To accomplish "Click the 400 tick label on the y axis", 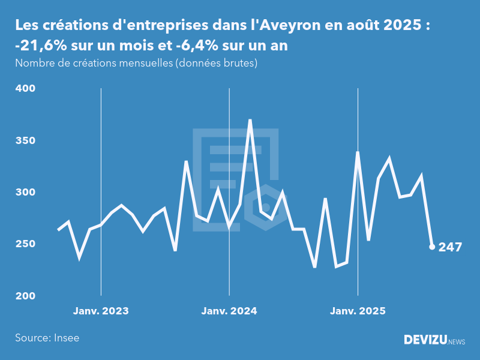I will coord(26,88).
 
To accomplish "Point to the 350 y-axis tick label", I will coord(26,140).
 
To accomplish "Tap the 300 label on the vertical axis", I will coord(26,192).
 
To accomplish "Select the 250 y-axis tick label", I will coord(26,244).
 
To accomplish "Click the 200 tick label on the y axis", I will coord(26,296).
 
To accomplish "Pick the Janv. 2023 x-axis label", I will coord(101,311).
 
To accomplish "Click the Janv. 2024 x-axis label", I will coord(229,311).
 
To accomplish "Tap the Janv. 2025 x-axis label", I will coord(358,311).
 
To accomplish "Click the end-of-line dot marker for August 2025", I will coord(432,247).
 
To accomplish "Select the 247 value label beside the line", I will coord(450,247).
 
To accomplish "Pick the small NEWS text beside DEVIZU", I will coord(457,342).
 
